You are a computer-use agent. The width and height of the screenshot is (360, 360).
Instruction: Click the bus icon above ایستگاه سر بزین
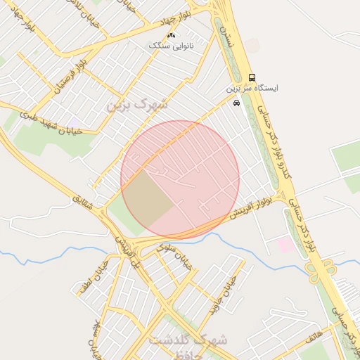point(252,77)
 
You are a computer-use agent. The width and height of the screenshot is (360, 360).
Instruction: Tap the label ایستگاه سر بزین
point(252,89)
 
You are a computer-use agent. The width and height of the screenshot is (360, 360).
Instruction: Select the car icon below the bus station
point(236,103)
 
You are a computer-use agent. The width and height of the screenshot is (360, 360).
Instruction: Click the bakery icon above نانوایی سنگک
point(172,34)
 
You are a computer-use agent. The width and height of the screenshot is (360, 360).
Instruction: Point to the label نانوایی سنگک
point(172,45)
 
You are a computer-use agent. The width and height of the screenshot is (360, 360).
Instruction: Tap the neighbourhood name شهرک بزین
point(138,104)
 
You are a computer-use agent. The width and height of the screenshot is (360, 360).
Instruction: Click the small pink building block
point(285,244)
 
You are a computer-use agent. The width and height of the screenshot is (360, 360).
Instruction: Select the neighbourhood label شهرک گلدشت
point(188,340)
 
